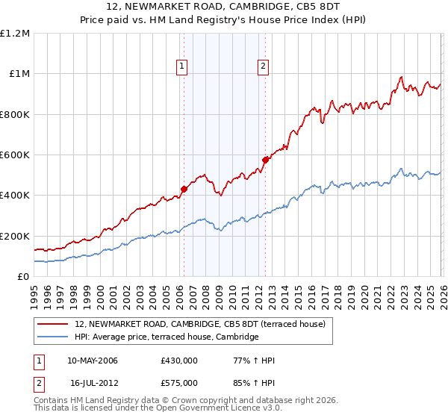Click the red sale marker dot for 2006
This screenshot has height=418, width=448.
184,189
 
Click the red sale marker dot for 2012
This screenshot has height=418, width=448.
265,159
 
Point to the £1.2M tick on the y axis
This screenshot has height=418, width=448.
15,34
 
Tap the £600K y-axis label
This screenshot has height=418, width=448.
15,155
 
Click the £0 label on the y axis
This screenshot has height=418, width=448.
23,276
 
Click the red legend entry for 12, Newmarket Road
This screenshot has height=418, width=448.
200,324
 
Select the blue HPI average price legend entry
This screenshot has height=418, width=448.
167,337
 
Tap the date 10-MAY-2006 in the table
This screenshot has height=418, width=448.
93,361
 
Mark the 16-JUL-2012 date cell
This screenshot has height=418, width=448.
94,381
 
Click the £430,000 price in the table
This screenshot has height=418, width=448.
179,361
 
